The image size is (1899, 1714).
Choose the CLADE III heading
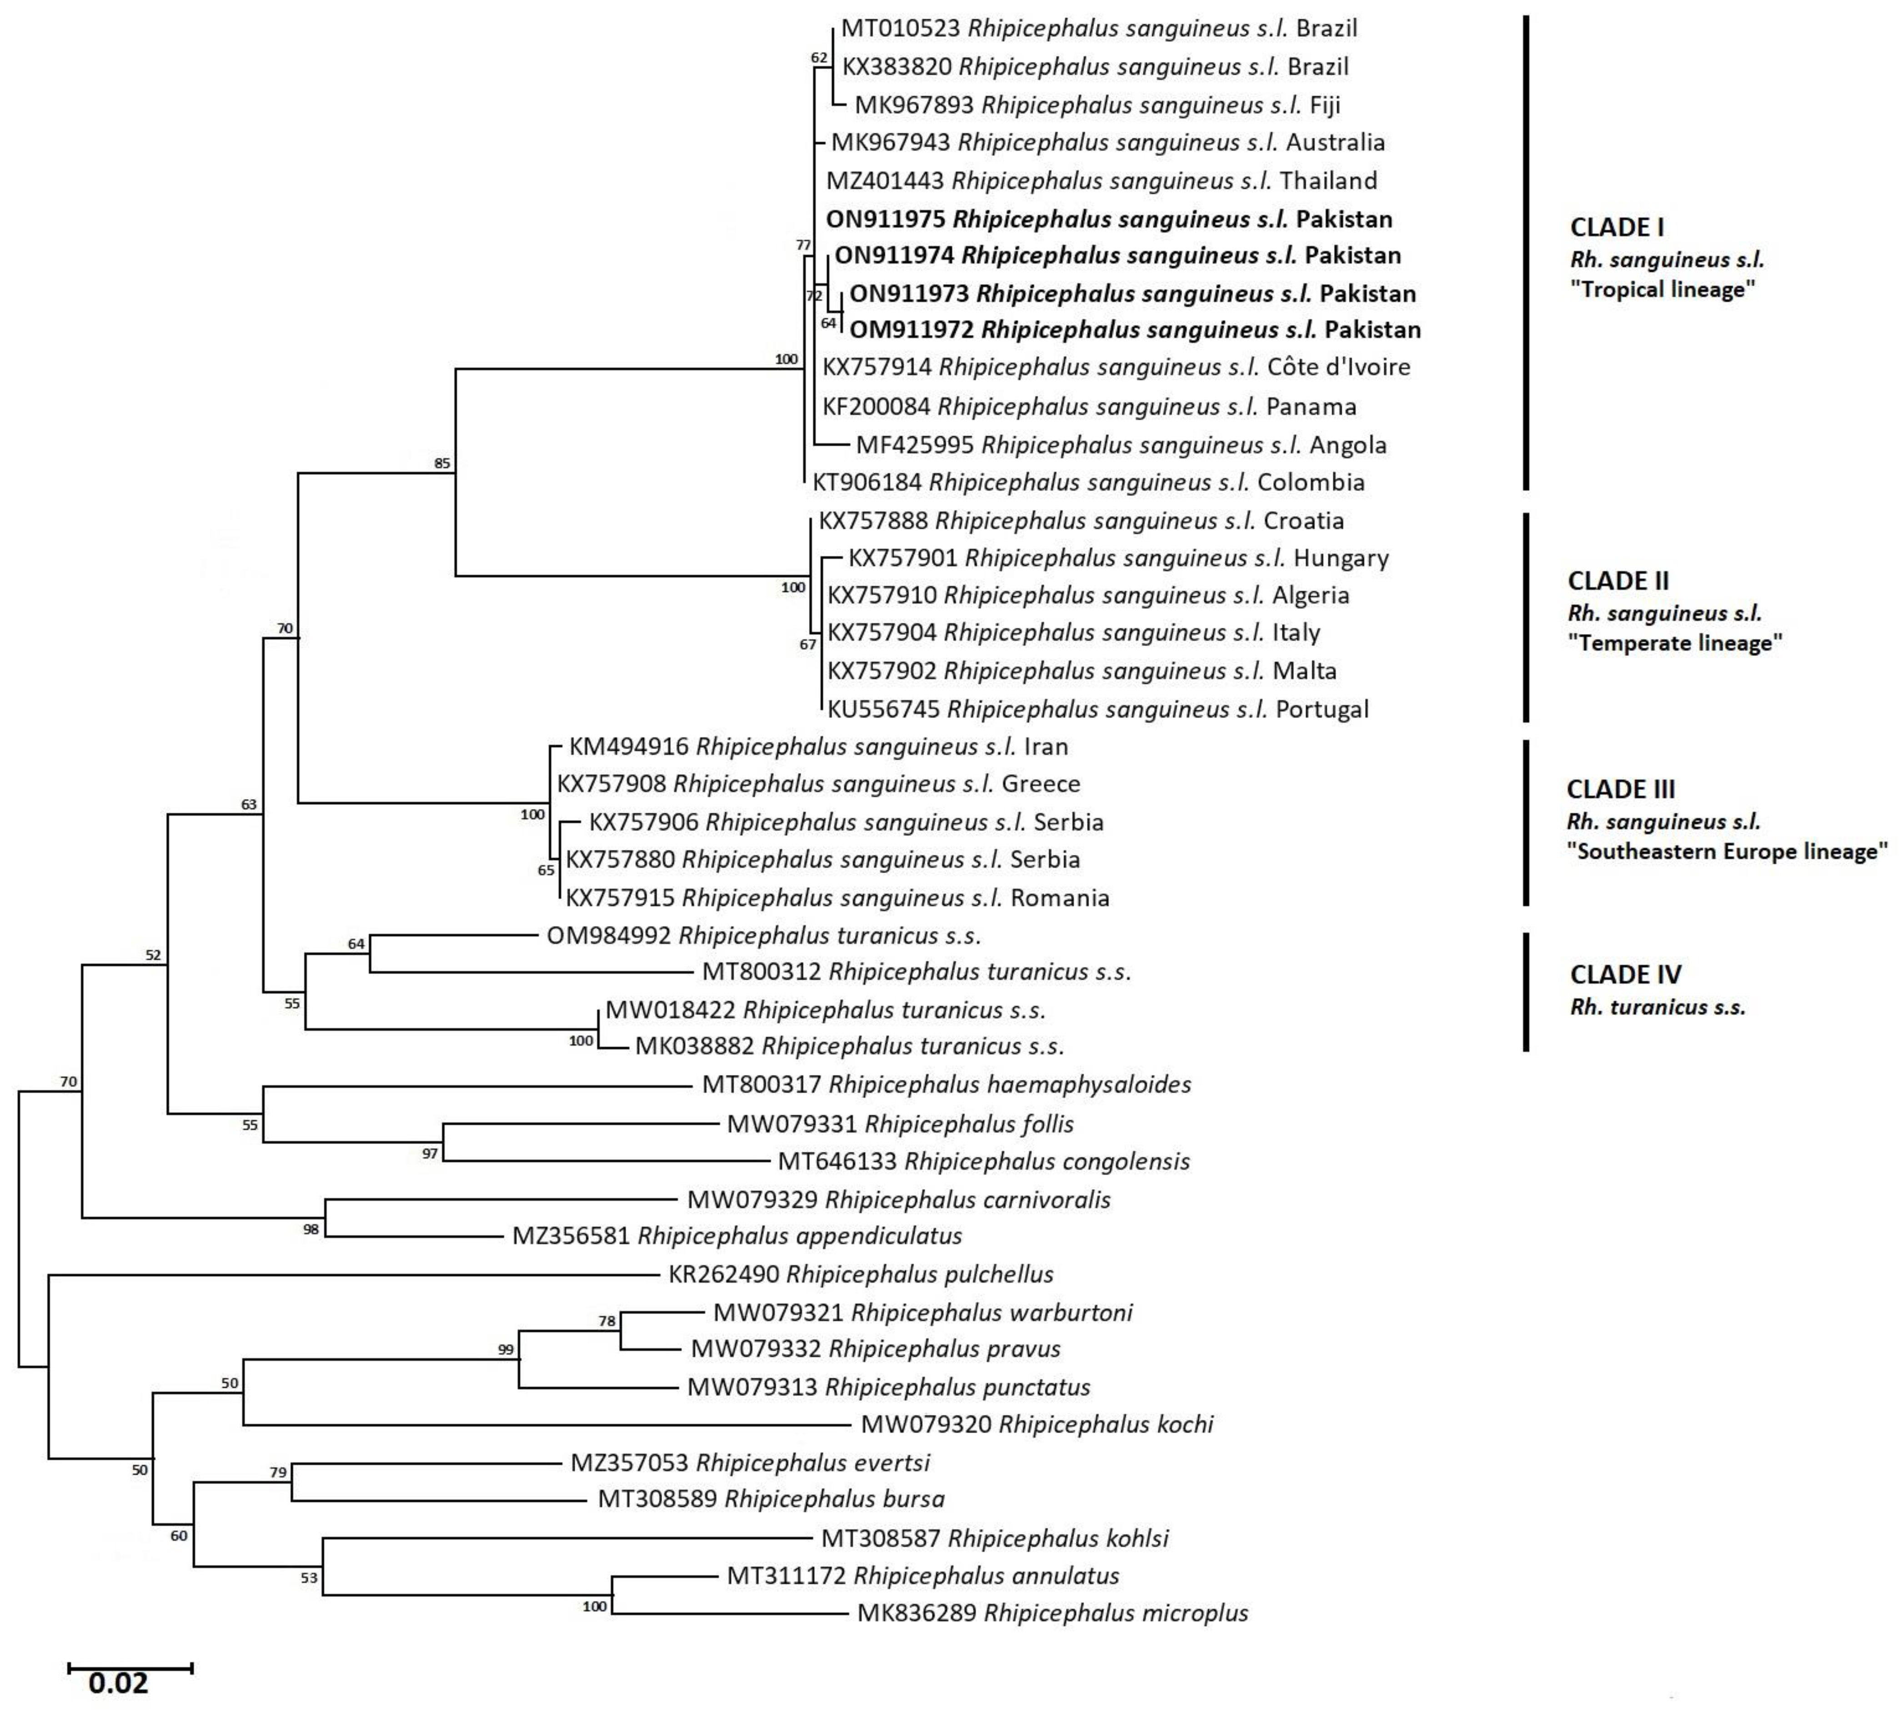click(1620, 789)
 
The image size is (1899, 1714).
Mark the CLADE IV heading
click(1625, 974)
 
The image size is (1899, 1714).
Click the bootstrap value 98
click(311, 1230)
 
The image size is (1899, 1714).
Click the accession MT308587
click(881, 1539)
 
